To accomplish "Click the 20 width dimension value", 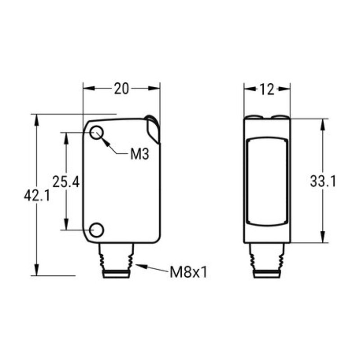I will tap(121, 89).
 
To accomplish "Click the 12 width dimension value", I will tap(266, 89).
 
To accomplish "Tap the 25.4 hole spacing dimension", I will tap(66, 182).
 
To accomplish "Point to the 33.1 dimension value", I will tap(323, 181).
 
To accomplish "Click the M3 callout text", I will tap(139, 155).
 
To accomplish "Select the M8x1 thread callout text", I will tap(189, 272).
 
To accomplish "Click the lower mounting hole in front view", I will tap(97, 230).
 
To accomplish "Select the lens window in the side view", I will tap(267, 181).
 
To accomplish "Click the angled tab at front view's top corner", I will tap(153, 130).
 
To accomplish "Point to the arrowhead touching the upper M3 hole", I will tap(105, 141).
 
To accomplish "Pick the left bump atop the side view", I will tap(255, 117).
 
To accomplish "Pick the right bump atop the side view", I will tap(280, 117).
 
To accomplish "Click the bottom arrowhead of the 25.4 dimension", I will tap(66, 226).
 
